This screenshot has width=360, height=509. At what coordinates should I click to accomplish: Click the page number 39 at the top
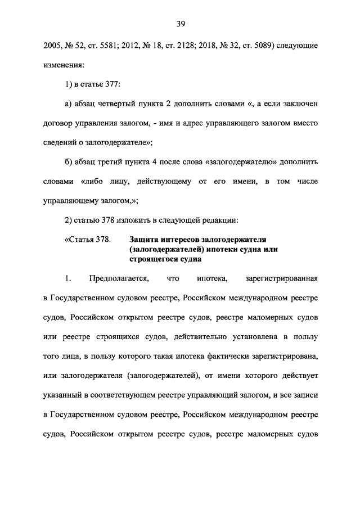(x=181, y=24)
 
